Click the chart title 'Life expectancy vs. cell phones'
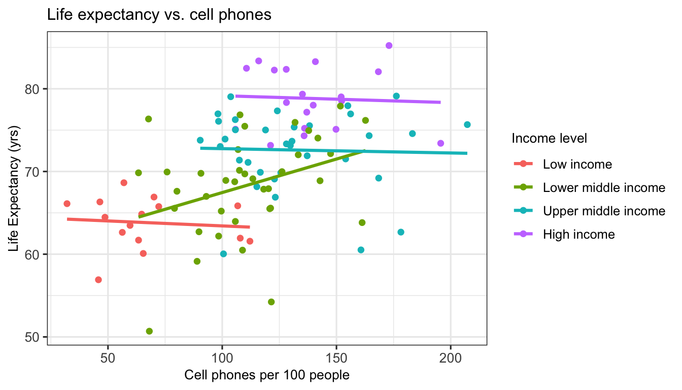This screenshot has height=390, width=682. pos(159,15)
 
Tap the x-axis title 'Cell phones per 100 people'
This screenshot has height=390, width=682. pos(267,375)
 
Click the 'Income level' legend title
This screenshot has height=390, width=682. pos(550,138)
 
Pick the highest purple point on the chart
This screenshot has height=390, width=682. pos(389,46)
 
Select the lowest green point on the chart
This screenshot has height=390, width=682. pos(149,331)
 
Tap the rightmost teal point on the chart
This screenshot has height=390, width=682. pos(467,124)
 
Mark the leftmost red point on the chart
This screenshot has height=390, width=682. pos(67,204)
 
